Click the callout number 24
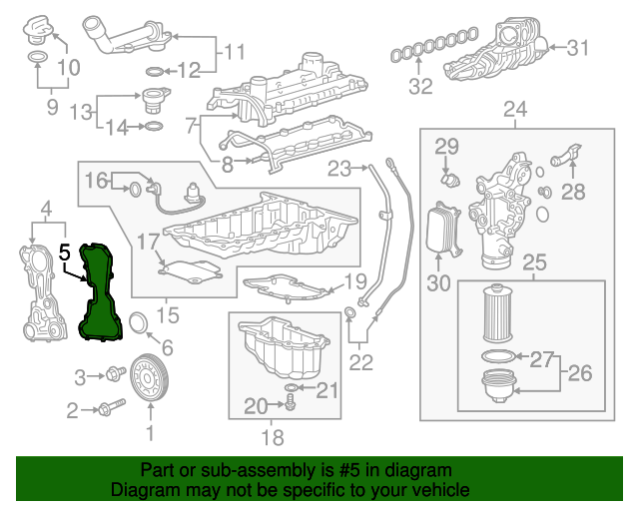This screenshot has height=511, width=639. coord(515,109)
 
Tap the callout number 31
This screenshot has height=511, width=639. coord(579,47)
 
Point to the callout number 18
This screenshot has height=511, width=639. coord(271,436)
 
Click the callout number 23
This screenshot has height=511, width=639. coord(340,168)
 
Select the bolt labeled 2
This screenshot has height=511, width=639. coord(109,408)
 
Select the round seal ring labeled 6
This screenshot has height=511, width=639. coord(139,320)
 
